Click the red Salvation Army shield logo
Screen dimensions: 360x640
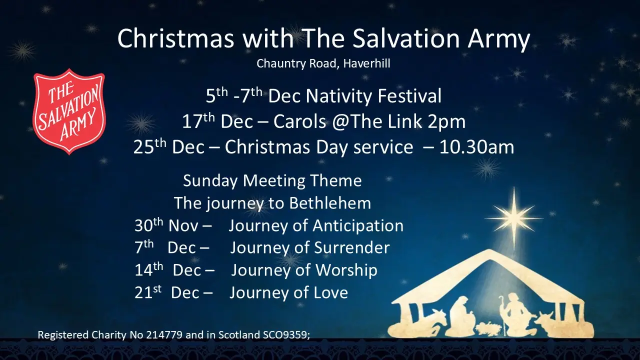click(x=69, y=112)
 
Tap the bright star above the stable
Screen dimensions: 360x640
click(x=513, y=218)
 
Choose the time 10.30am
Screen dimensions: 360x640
click(x=476, y=147)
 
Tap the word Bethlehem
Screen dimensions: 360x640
click(x=329, y=203)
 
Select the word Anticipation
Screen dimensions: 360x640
click(x=358, y=226)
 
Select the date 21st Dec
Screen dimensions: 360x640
click(x=167, y=292)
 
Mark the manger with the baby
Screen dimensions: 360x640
click(x=487, y=328)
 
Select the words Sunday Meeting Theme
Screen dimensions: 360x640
click(x=272, y=180)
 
